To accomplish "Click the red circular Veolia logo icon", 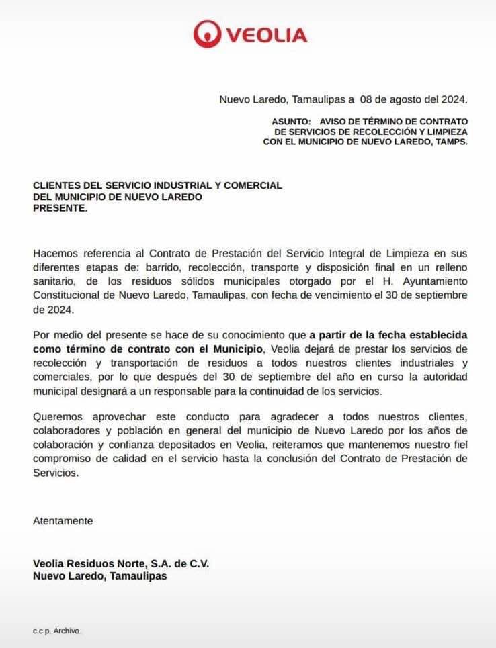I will (206, 34).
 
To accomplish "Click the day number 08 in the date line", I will (366, 100).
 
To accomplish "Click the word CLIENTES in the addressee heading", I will (58, 185).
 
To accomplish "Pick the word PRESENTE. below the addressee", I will (60, 208).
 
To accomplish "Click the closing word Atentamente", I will (63, 520).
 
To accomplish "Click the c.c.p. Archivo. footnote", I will (57, 631).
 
